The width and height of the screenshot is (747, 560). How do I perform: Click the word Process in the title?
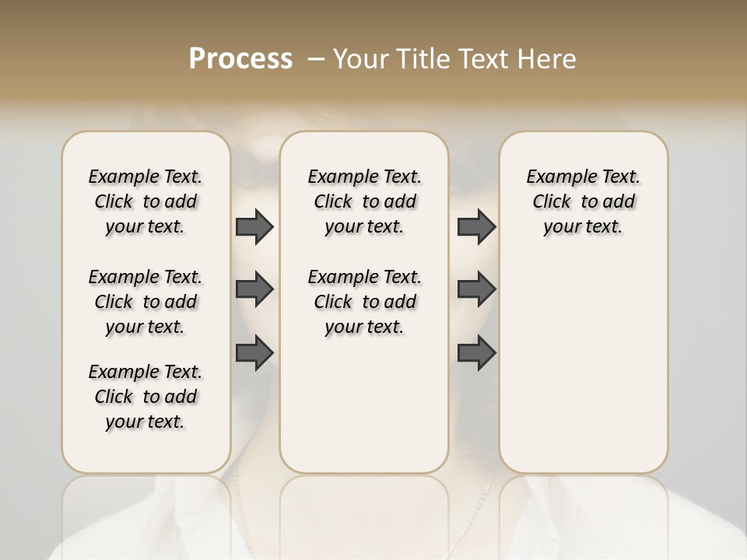(x=240, y=59)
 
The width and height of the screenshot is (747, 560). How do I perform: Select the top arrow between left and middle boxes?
(x=254, y=227)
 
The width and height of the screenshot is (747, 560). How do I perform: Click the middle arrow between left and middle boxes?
(x=254, y=289)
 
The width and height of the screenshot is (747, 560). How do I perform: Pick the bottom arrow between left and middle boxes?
(x=254, y=352)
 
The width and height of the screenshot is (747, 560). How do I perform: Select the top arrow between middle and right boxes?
(x=476, y=227)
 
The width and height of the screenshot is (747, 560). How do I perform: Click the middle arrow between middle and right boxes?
(x=476, y=289)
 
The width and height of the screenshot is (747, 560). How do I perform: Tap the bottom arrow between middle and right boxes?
(x=476, y=352)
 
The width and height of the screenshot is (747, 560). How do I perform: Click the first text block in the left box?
(x=146, y=201)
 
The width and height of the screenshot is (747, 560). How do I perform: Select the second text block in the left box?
(x=146, y=302)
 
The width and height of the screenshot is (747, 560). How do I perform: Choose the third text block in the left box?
(x=146, y=397)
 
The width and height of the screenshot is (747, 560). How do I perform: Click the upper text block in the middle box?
(x=364, y=201)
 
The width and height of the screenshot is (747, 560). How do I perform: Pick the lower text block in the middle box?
(x=364, y=302)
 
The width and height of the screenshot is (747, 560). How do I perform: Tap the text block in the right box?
(x=583, y=201)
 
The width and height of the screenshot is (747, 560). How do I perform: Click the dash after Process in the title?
(x=316, y=59)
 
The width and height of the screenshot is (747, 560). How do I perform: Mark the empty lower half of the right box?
(x=583, y=373)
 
